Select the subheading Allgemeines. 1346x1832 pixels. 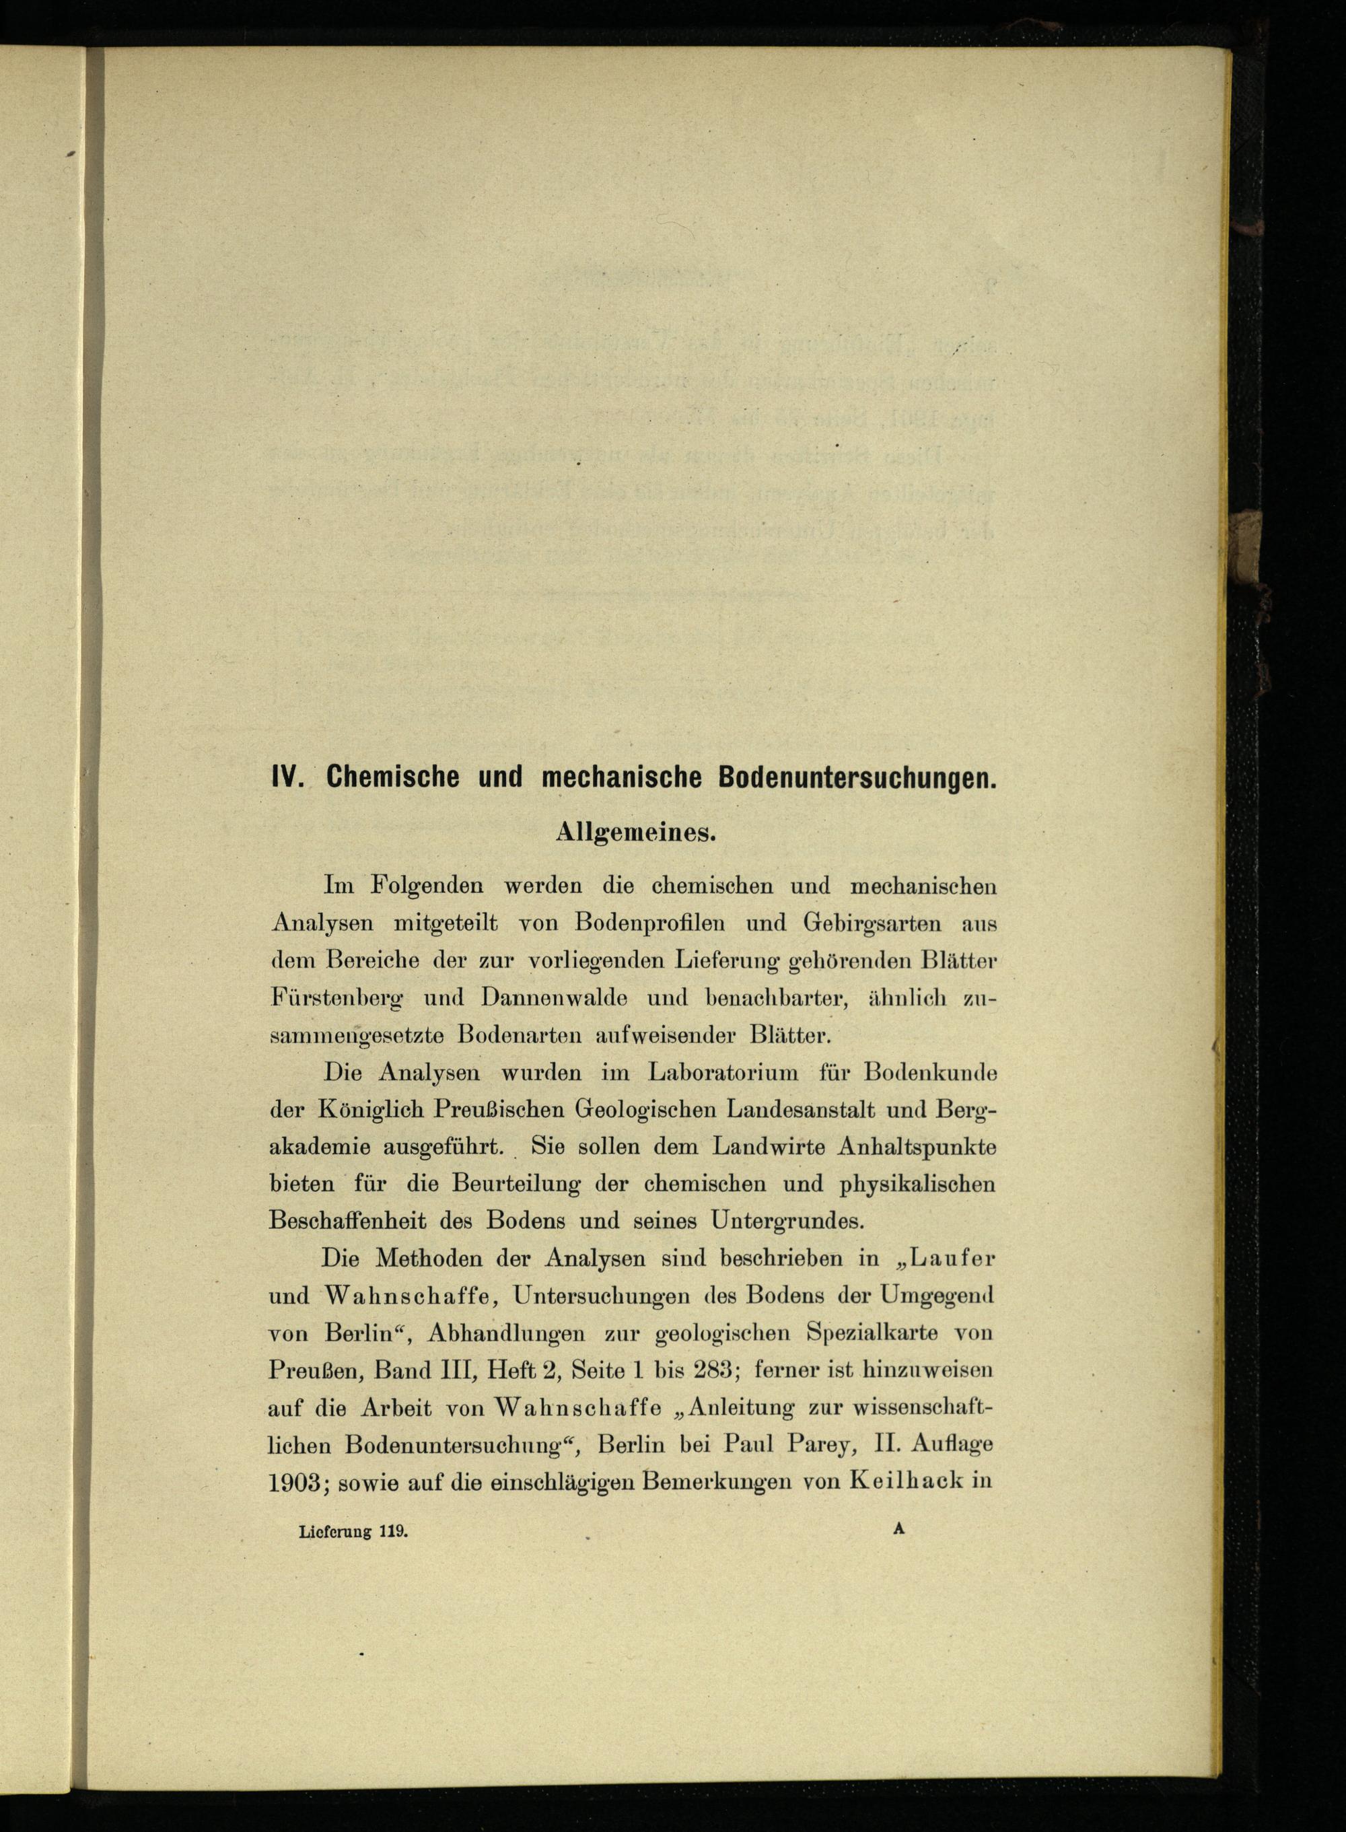pyautogui.click(x=635, y=833)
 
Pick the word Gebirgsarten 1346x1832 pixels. pyautogui.click(x=873, y=923)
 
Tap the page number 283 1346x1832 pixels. pyautogui.click(x=715, y=1370)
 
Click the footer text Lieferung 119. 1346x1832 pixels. pyautogui.click(x=352, y=1530)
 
